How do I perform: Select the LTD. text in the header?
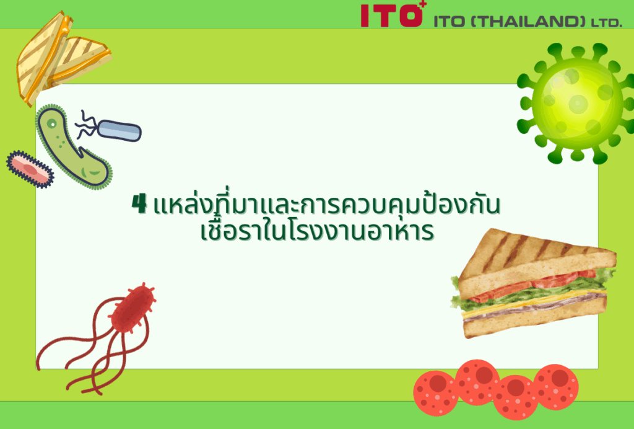[607, 23]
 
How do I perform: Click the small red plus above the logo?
[423, 4]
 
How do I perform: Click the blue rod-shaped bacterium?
[119, 130]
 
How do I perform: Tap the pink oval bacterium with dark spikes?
[30, 169]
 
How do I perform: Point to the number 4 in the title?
[139, 203]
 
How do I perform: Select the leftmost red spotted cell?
[436, 393]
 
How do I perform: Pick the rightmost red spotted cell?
[556, 386]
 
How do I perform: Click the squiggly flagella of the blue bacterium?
[87, 125]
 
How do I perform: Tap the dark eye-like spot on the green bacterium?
[52, 123]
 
